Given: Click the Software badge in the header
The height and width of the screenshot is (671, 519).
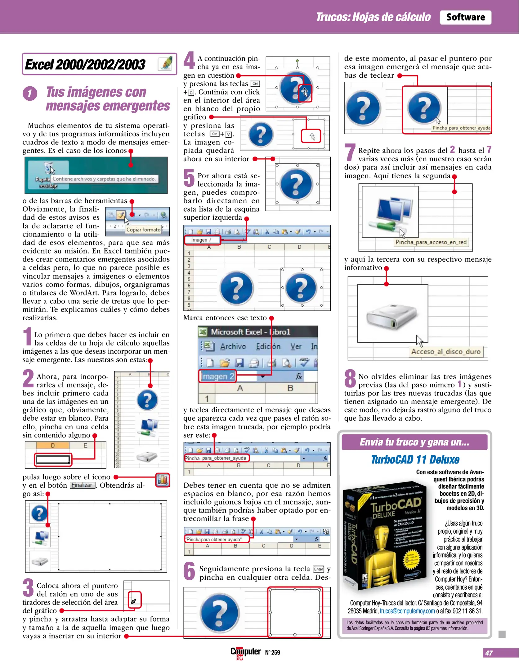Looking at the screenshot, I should pyautogui.click(x=465, y=17).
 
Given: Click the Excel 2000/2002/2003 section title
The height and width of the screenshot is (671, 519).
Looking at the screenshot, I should pyautogui.click(x=85, y=65).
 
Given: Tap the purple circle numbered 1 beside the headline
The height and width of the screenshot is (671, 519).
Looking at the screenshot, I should pyautogui.click(x=30, y=94).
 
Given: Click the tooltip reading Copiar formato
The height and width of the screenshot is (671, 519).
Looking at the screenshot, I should pyautogui.click(x=143, y=230).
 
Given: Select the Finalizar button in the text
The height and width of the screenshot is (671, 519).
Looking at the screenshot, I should pyautogui.click(x=82, y=485).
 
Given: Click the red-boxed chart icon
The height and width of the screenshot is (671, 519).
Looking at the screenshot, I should pyautogui.click(x=163, y=480).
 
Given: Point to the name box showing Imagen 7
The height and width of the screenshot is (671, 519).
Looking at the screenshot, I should pyautogui.click(x=202, y=240).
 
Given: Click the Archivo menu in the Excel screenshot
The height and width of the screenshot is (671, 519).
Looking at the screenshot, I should pyautogui.click(x=233, y=346).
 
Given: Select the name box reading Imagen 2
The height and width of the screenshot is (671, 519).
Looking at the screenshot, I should pyautogui.click(x=217, y=376).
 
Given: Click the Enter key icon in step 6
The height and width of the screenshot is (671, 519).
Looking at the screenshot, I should pyautogui.click(x=318, y=569).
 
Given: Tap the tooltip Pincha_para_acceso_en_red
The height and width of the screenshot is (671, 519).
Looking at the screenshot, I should pyautogui.click(x=431, y=242).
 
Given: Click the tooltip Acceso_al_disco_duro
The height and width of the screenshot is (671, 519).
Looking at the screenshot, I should pyautogui.click(x=445, y=352).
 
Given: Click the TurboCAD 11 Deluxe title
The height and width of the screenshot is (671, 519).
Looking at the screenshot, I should pyautogui.click(x=415, y=459).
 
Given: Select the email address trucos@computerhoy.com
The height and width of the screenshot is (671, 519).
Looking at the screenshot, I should pyautogui.click(x=407, y=611).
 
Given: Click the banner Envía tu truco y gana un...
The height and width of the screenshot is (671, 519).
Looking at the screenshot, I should pyautogui.click(x=414, y=442).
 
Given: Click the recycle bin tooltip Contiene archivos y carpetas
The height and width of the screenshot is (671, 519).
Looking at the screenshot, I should pyautogui.click(x=104, y=179).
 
